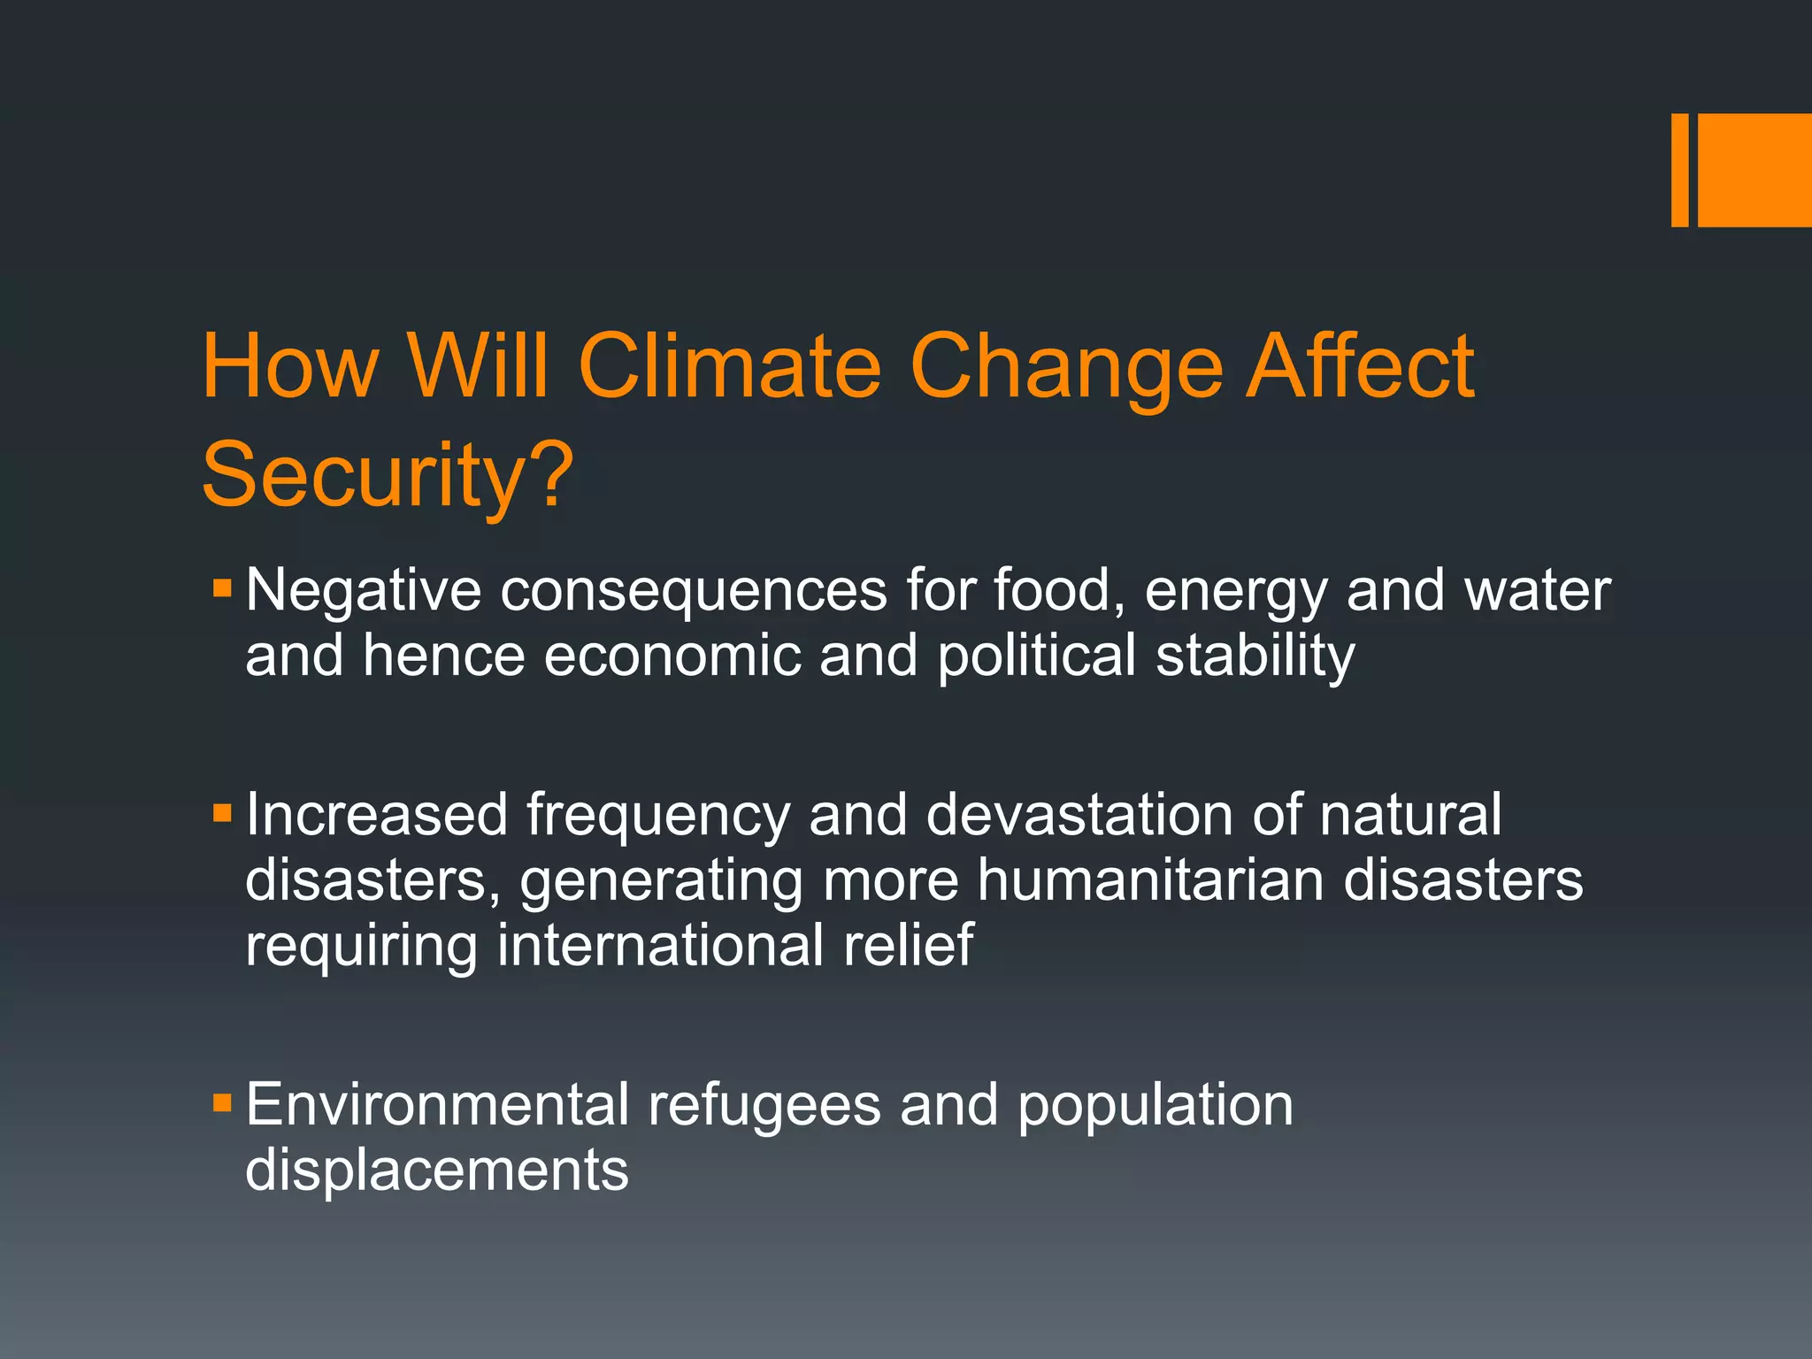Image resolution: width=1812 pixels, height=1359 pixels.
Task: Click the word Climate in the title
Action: tap(730, 366)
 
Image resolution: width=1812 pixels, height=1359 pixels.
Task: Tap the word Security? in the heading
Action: tap(388, 476)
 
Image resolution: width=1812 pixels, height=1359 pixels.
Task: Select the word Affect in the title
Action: tap(1360, 366)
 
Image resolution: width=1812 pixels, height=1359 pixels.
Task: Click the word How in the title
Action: tap(290, 366)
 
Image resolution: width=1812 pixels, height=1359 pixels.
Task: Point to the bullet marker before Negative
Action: tap(222, 587)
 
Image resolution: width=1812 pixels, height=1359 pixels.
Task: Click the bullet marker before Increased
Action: tap(222, 812)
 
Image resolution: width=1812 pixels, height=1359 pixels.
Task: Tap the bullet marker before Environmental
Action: tap(222, 1102)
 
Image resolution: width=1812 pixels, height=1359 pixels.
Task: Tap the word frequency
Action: tap(657, 816)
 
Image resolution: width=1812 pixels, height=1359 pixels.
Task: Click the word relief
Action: tap(908, 945)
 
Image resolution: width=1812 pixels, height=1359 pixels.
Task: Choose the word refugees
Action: tap(764, 1106)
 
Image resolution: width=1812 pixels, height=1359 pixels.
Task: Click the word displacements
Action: tap(436, 1170)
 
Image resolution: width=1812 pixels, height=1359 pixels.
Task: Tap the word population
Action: tap(1155, 1106)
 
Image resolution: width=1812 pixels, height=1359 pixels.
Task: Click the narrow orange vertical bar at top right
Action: tap(1679, 170)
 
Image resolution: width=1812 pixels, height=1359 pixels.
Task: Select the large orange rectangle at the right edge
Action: tap(1754, 170)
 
